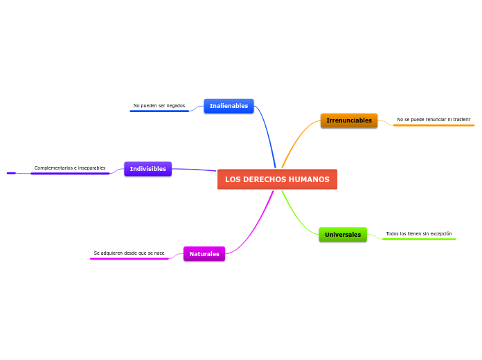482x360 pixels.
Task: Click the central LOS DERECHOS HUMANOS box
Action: point(277,179)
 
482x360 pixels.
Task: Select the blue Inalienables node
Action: point(229,106)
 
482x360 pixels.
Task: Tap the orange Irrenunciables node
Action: point(349,120)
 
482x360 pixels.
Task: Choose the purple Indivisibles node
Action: point(148,169)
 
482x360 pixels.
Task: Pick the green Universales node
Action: point(343,235)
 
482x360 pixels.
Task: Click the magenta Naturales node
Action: point(204,254)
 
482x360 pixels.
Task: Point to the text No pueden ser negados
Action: point(159,106)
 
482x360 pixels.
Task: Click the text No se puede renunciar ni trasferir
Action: point(434,120)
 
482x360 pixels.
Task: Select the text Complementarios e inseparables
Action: point(70,168)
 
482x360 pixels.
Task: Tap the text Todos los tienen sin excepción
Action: point(419,234)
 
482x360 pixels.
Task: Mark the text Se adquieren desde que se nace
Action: point(130,253)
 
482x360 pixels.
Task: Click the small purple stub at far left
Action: point(11,173)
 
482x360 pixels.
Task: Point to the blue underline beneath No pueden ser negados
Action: point(159,111)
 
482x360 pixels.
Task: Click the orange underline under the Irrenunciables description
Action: point(434,125)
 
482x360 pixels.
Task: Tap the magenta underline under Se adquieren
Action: point(130,259)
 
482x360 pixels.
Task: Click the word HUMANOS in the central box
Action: point(309,179)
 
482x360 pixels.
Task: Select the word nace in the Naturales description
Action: point(159,253)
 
